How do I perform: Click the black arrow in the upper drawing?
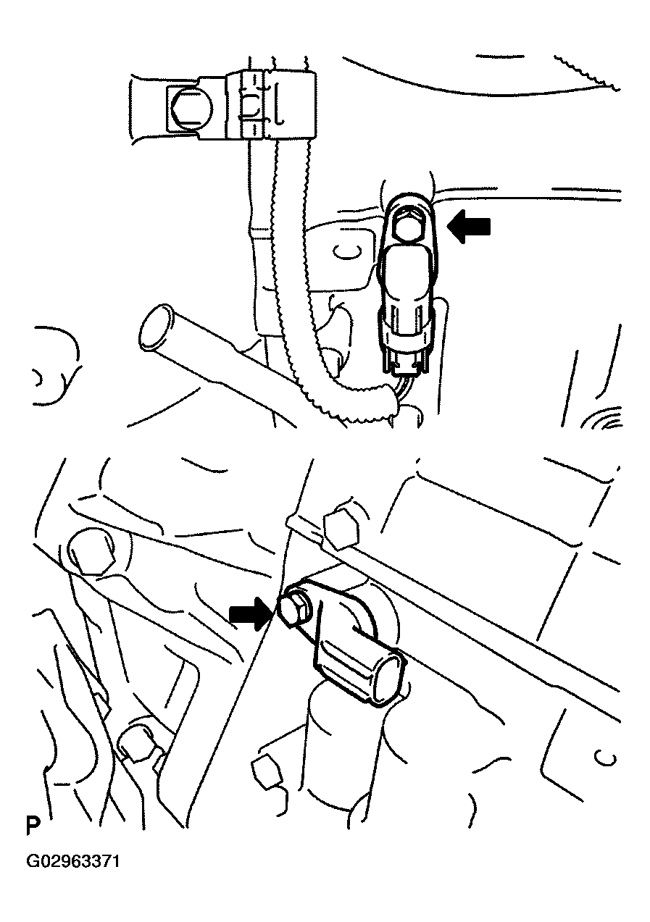pyautogui.click(x=469, y=227)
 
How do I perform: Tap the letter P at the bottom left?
pyautogui.click(x=33, y=815)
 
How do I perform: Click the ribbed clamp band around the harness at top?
pyautogui.click(x=252, y=106)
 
